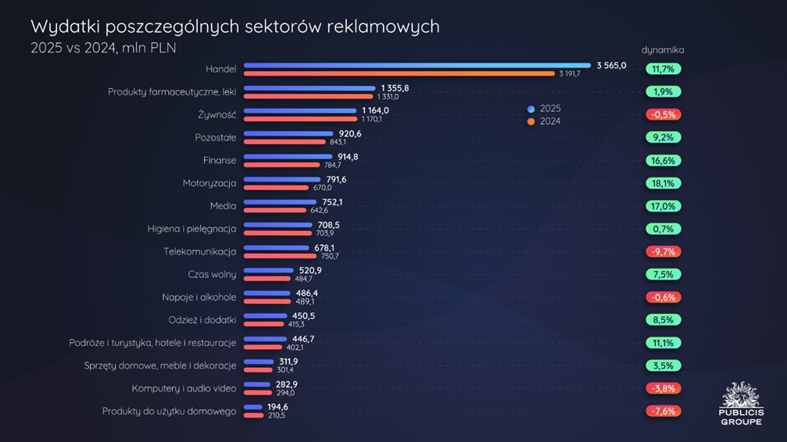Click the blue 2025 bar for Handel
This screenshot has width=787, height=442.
click(x=417, y=66)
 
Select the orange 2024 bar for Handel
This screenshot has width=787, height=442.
click(x=399, y=73)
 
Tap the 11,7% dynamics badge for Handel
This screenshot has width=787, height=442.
click(x=663, y=70)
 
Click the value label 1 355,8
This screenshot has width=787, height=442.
click(x=395, y=88)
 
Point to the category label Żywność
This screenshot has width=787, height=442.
click(x=217, y=115)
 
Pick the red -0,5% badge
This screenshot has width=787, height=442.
click(x=663, y=115)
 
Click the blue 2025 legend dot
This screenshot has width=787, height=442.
click(x=531, y=109)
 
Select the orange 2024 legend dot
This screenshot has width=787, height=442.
click(x=531, y=122)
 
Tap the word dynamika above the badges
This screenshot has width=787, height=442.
click(x=663, y=50)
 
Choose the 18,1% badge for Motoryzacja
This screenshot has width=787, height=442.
click(x=663, y=184)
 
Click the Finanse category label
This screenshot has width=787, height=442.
click(x=220, y=160)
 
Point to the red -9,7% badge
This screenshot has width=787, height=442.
click(x=663, y=251)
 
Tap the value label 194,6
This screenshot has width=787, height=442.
click(x=277, y=407)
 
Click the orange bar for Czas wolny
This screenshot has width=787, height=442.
click(x=267, y=278)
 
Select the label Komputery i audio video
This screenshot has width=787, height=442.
click(x=184, y=388)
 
